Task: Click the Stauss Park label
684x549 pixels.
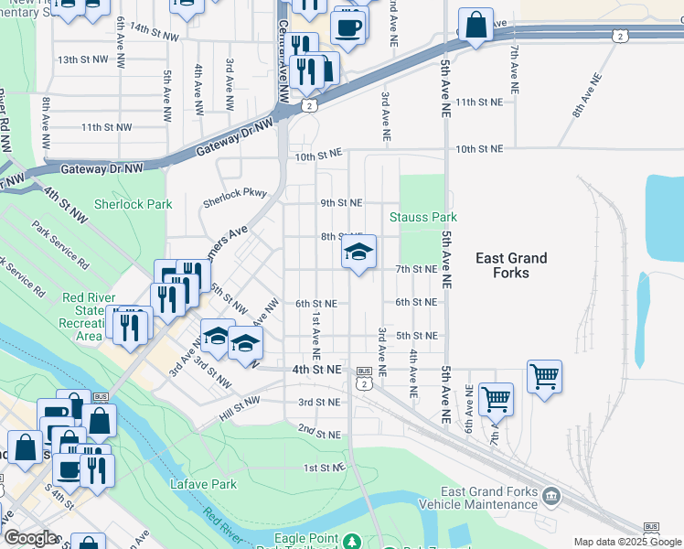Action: (x=422, y=217)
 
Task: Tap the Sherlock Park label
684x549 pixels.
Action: (x=133, y=204)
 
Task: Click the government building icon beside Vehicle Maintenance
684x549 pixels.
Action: (x=551, y=496)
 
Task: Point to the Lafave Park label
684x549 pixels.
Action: (x=203, y=483)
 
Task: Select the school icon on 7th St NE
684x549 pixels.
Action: (x=359, y=253)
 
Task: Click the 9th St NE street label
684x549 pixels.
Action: (x=341, y=202)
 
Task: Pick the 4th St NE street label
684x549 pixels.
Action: (x=315, y=369)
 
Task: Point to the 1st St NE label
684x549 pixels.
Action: (x=325, y=468)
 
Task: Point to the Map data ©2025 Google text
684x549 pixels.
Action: (x=627, y=542)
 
